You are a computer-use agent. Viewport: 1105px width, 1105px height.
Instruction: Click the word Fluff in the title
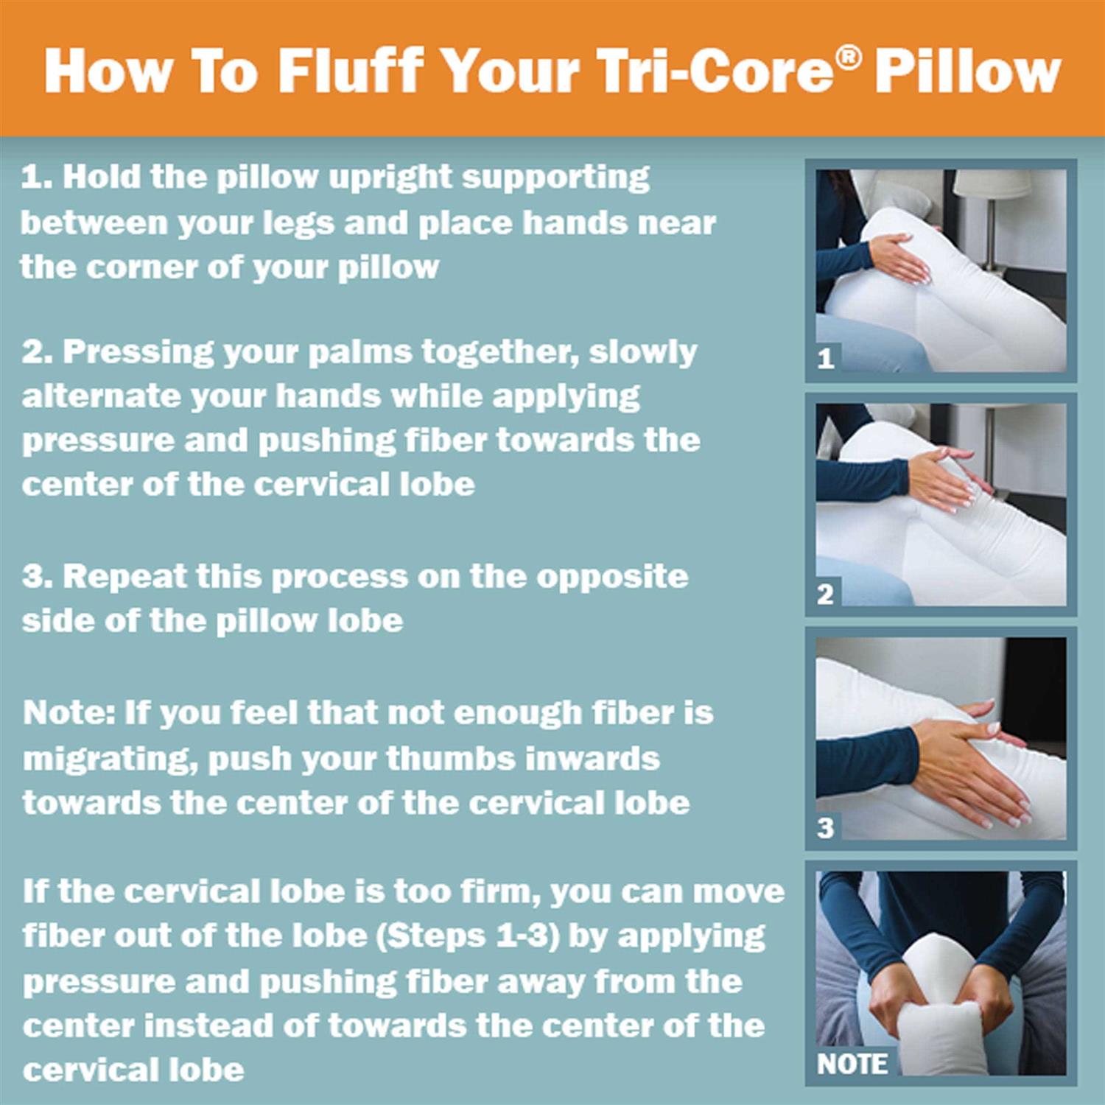pos(351,71)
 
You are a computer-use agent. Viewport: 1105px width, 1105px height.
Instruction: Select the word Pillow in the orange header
pos(967,71)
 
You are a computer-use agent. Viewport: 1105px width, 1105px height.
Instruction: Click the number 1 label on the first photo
pos(825,359)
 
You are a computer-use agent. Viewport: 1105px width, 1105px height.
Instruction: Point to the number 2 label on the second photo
pos(825,594)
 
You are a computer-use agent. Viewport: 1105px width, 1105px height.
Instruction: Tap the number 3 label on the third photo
pos(825,828)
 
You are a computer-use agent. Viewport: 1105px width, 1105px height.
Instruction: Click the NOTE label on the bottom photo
pos(852,1063)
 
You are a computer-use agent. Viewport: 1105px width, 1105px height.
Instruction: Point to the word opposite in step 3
pos(612,577)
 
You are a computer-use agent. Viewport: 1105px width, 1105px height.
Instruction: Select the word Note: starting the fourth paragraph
pos(69,713)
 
